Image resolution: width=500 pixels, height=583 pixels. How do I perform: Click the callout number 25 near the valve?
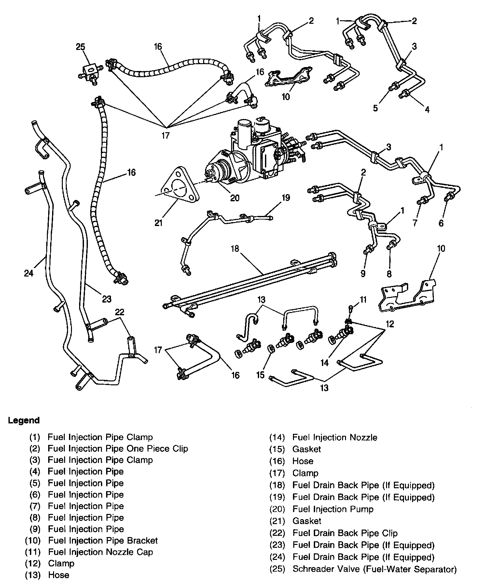coord(80,47)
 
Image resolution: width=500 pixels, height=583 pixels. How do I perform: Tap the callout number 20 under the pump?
coord(235,198)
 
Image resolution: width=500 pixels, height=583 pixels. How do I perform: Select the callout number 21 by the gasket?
coord(159,223)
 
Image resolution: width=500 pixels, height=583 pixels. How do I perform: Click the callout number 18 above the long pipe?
coord(235,249)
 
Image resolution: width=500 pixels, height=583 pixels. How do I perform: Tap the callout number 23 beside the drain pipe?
coord(107,299)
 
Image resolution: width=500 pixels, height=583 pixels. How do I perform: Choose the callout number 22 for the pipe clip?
coord(119,312)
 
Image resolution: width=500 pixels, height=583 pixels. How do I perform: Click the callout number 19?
coord(285,198)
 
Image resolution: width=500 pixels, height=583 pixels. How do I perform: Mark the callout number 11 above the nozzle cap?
coord(363,299)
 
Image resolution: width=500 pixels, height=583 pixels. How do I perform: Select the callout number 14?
coord(325,362)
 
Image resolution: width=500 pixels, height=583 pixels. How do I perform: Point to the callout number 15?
coord(260,375)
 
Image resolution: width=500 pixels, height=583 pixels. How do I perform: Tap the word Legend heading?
coord(24,420)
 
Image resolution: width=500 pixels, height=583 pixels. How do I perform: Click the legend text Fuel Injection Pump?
coord(333,509)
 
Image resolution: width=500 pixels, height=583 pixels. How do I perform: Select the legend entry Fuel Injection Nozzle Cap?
coord(100,552)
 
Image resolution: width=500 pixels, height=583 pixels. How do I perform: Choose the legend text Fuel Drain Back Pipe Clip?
coord(345,533)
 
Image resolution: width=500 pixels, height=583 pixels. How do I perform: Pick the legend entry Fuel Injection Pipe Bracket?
coord(103,541)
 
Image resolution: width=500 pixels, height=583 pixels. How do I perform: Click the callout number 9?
coord(363,274)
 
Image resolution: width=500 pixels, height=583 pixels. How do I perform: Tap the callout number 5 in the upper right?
coord(375,108)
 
